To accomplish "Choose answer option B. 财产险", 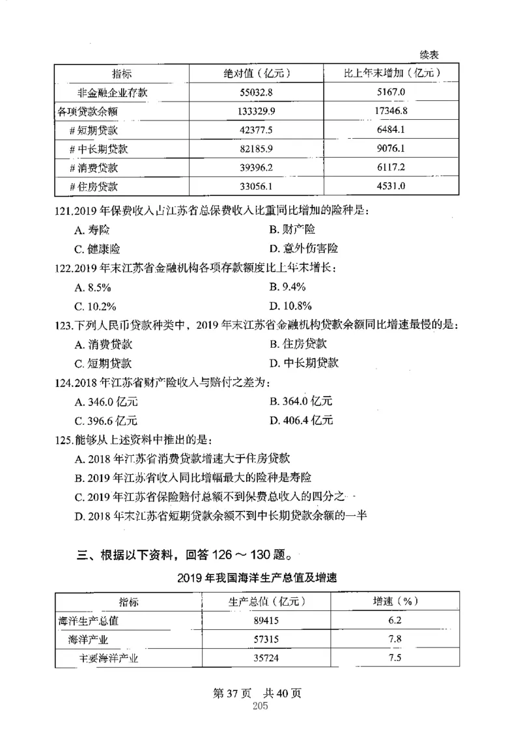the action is pos(292,229).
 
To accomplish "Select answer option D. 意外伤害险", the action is pos(303,248).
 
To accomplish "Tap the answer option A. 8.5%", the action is pos(93,287).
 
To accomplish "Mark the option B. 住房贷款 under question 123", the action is pos(298,344).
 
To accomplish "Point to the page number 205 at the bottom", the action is pos(259,708).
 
